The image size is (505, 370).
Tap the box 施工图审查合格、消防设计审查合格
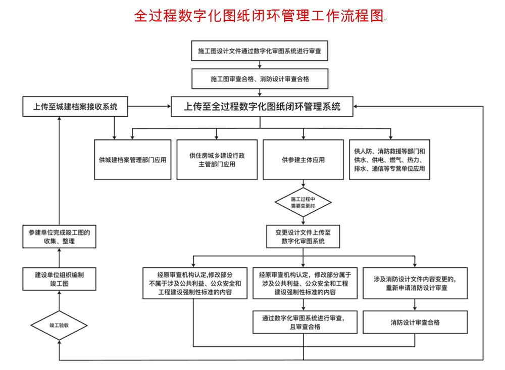(x=261, y=79)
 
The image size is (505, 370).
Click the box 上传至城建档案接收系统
(x=75, y=107)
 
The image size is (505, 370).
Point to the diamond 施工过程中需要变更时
(x=303, y=202)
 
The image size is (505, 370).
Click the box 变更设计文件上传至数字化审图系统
(x=303, y=237)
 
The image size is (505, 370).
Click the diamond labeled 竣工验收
(x=59, y=325)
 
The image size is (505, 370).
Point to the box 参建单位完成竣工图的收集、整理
(x=60, y=237)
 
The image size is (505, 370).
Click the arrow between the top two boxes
(x=261, y=64)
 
